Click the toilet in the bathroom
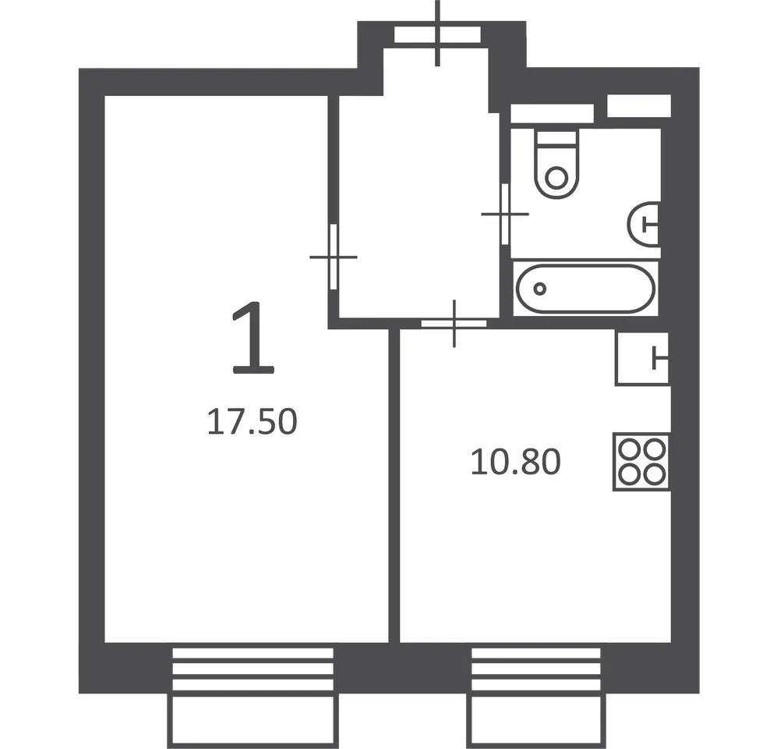pyautogui.click(x=556, y=164)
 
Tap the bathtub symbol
pyautogui.click(x=585, y=288)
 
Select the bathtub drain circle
pyautogui.click(x=540, y=288)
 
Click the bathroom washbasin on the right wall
pyautogui.click(x=644, y=224)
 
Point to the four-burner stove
pyautogui.click(x=641, y=462)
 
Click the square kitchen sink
pyautogui.click(x=642, y=357)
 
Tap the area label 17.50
pyautogui.click(x=252, y=422)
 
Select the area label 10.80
pyautogui.click(x=515, y=462)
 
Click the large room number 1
pyautogui.click(x=253, y=337)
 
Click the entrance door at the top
pyautogui.click(x=437, y=35)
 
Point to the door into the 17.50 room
pyautogui.click(x=334, y=257)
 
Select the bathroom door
pyautogui.click(x=505, y=214)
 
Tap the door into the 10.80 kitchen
pyautogui.click(x=454, y=324)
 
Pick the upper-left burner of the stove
pyautogui.click(x=630, y=449)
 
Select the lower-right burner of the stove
pyautogui.click(x=654, y=474)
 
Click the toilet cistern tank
pyautogui.click(x=556, y=138)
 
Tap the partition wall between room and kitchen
pyautogui.click(x=394, y=486)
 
